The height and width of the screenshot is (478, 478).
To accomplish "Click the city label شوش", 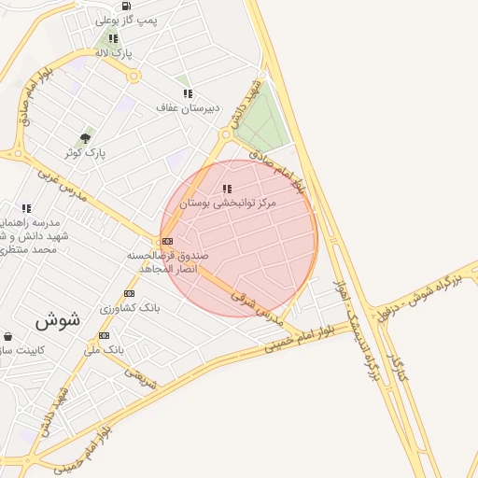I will (58, 319).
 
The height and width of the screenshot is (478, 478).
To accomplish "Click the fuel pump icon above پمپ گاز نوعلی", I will (126, 6).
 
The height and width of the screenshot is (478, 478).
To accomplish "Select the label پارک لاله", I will (114, 53).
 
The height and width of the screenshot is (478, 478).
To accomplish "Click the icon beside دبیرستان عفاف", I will (188, 93).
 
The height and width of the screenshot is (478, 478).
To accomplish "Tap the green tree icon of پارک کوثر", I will (86, 138).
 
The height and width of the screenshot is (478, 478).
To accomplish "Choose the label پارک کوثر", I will (85, 152).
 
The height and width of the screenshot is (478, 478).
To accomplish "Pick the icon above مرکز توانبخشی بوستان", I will (227, 189).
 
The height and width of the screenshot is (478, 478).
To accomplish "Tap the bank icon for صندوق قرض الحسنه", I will (167, 241).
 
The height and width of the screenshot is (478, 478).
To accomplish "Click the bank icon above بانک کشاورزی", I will (129, 293).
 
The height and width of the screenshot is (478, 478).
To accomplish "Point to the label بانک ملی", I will (104, 350).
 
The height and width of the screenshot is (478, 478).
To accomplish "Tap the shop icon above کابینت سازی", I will (8, 336).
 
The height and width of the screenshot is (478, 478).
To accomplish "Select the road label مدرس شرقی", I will (257, 307).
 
